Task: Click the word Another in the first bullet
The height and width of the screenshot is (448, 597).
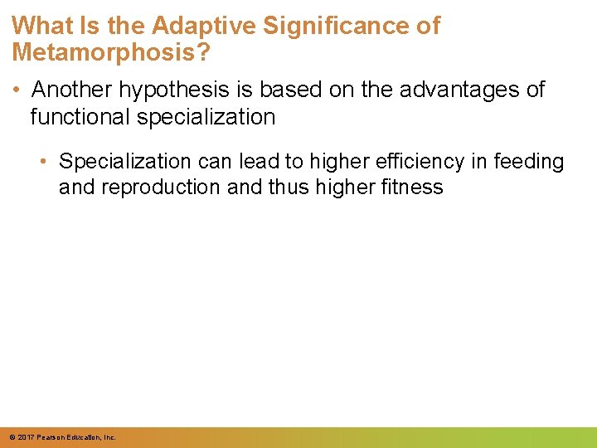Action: [x=74, y=90]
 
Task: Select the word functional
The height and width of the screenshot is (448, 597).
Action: [x=80, y=117]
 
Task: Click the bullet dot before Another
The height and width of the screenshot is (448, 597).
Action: [x=17, y=90]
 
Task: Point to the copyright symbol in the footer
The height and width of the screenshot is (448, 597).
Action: [x=11, y=436]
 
